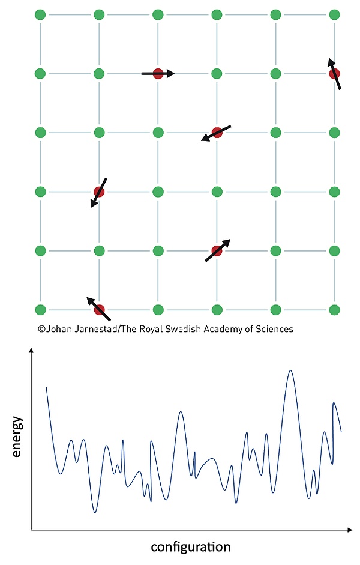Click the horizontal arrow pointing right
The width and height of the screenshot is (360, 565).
click(x=158, y=73)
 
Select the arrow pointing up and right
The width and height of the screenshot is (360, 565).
click(x=217, y=250)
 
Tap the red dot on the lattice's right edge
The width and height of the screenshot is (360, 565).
click(x=334, y=73)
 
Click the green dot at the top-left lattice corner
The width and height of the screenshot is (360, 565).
click(x=40, y=14)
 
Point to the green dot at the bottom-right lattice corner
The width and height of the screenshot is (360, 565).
click(x=334, y=310)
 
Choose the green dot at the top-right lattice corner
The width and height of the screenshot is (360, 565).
click(x=334, y=14)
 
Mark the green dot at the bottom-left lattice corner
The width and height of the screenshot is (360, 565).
click(x=40, y=310)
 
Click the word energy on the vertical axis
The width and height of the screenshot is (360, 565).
click(x=17, y=437)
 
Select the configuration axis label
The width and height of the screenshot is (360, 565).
click(x=190, y=547)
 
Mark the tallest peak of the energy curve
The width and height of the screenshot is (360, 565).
click(x=291, y=371)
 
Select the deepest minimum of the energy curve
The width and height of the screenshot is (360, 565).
click(x=95, y=512)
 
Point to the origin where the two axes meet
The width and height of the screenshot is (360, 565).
click(x=31, y=530)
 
